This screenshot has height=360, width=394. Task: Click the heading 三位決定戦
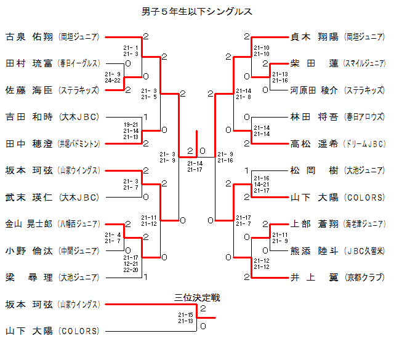(198, 298)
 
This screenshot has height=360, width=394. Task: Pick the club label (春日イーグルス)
(79, 63)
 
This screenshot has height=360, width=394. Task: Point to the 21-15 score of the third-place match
(185, 315)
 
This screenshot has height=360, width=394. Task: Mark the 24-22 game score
(113, 80)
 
